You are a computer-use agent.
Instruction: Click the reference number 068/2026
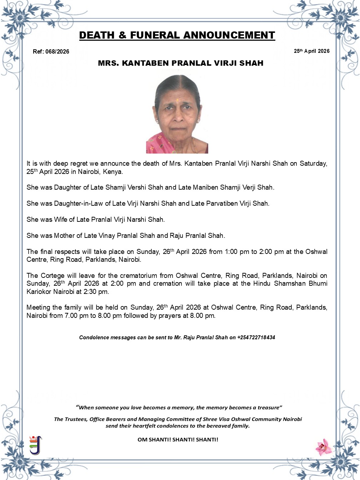tap(57, 51)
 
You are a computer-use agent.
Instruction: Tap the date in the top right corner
tap(311, 51)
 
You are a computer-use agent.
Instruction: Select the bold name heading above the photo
tap(180, 63)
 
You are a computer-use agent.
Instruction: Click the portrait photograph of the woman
tap(177, 114)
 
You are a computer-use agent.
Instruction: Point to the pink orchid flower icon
tap(324, 447)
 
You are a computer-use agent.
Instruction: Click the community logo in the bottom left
tap(35, 445)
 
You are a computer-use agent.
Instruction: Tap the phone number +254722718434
tap(256, 337)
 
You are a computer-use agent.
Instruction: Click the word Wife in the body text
tap(60, 219)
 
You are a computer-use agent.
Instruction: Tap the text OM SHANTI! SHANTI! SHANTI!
tap(178, 439)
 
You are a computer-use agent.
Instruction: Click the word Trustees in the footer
tap(75, 419)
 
